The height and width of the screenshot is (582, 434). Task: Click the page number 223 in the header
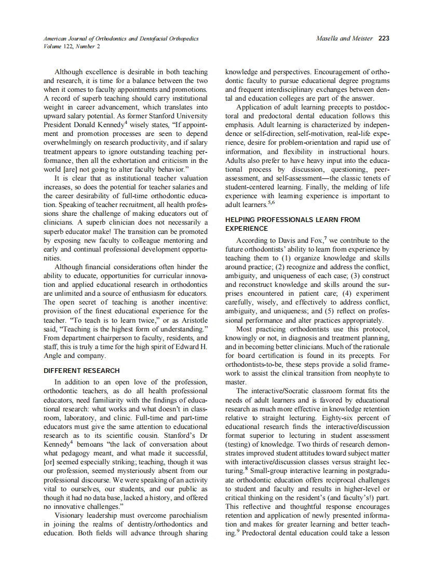coord(384,38)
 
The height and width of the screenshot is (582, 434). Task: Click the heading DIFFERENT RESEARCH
coord(82,370)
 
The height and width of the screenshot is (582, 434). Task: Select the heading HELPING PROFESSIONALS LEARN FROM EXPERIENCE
coord(292,224)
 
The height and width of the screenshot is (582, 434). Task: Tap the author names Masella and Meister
coord(344,38)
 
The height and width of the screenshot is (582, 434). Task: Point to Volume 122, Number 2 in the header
coord(72,46)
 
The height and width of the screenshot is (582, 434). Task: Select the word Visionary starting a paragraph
coord(71,515)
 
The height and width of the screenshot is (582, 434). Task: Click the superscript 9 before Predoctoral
coord(238,531)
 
